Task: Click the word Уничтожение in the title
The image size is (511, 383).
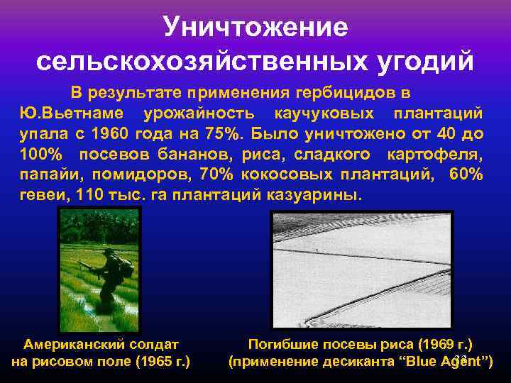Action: [x=255, y=27]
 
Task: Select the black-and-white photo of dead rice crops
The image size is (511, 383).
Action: [x=361, y=270]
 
